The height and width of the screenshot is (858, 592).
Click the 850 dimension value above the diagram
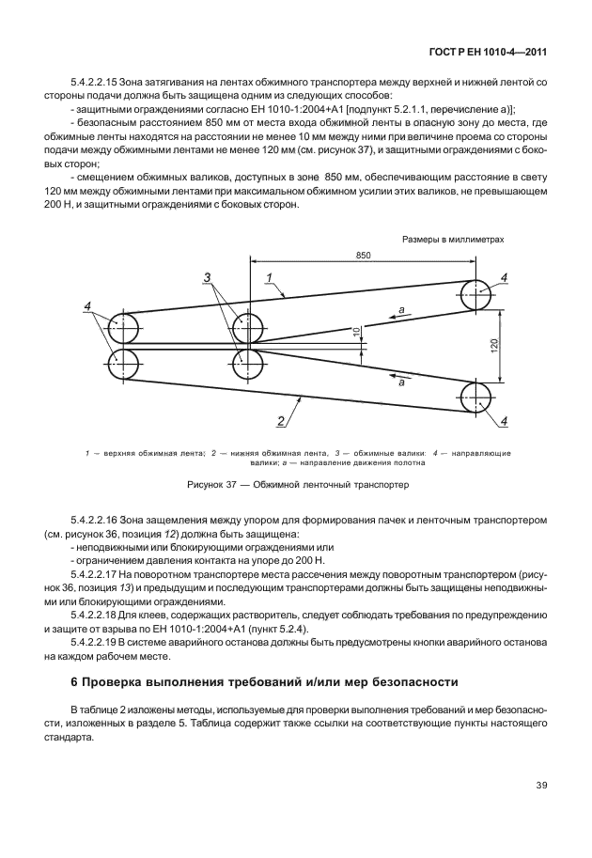(362, 256)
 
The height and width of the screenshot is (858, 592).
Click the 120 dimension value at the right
(494, 345)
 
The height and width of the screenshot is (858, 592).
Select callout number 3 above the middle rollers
(208, 277)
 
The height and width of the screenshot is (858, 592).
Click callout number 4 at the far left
(87, 307)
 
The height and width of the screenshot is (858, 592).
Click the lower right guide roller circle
(478, 396)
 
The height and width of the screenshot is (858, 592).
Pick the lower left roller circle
(122, 364)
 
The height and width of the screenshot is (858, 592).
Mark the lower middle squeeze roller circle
(248, 364)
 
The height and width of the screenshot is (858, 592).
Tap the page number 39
(541, 786)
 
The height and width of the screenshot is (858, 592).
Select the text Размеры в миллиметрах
(453, 240)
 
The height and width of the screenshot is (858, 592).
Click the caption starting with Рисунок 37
(297, 486)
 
